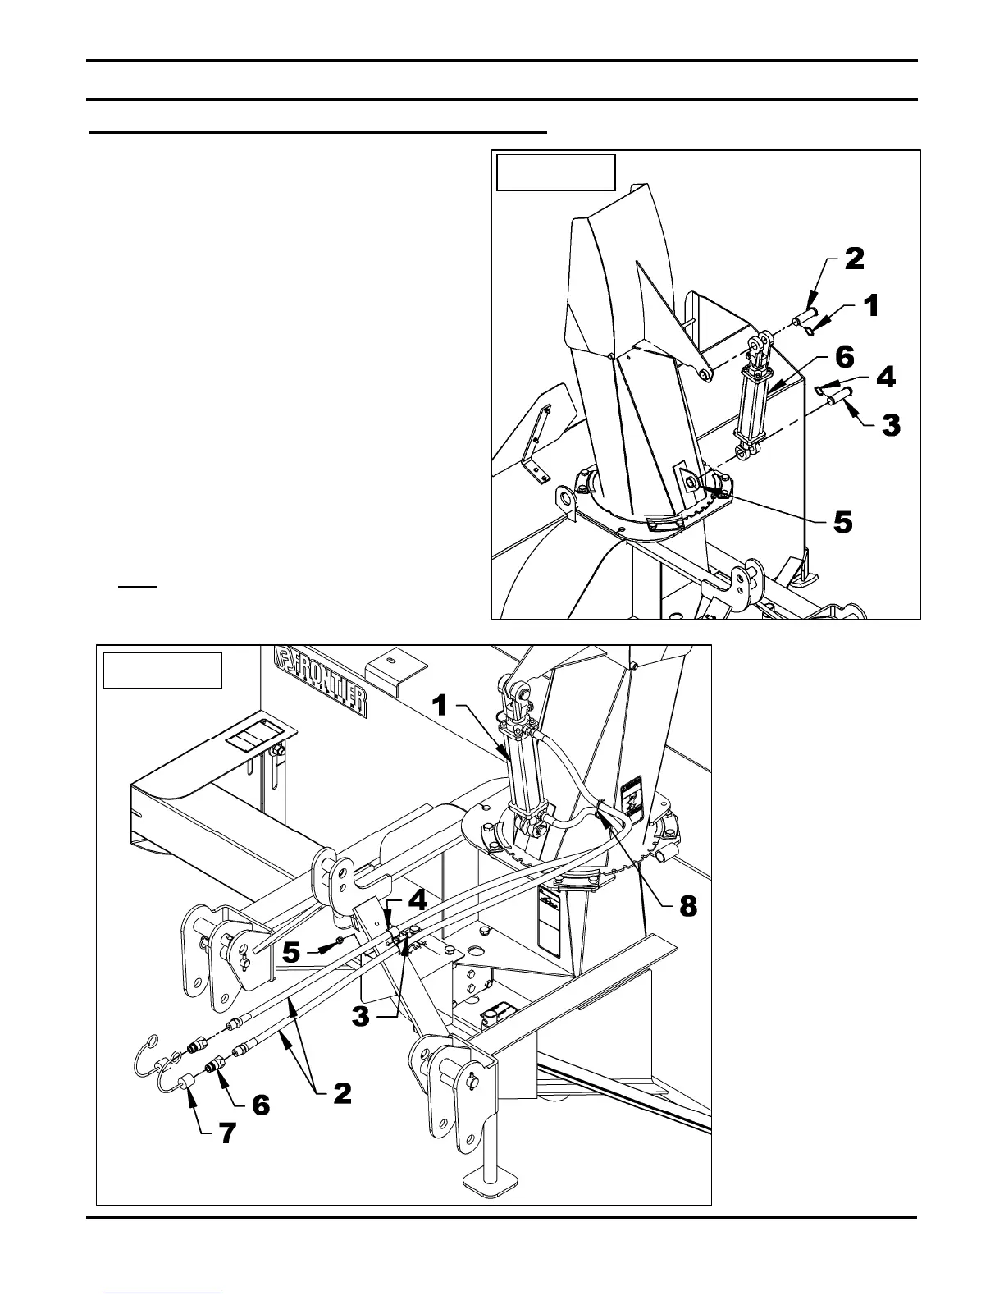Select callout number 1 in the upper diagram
[x=870, y=306]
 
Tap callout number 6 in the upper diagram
[x=845, y=357]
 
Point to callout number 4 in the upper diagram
[x=885, y=378]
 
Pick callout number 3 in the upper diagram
[x=890, y=425]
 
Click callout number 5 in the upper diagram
[x=843, y=521]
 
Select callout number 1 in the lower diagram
[x=440, y=704]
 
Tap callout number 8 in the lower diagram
[x=687, y=906]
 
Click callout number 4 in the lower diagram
[x=418, y=900]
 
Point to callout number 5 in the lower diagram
[x=290, y=952]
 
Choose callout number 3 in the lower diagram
[x=361, y=1017]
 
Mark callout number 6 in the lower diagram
[x=260, y=1105]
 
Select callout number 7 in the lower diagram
[x=226, y=1133]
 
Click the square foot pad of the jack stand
[x=490, y=1182]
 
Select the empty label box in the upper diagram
[x=556, y=172]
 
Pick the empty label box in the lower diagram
[x=162, y=670]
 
